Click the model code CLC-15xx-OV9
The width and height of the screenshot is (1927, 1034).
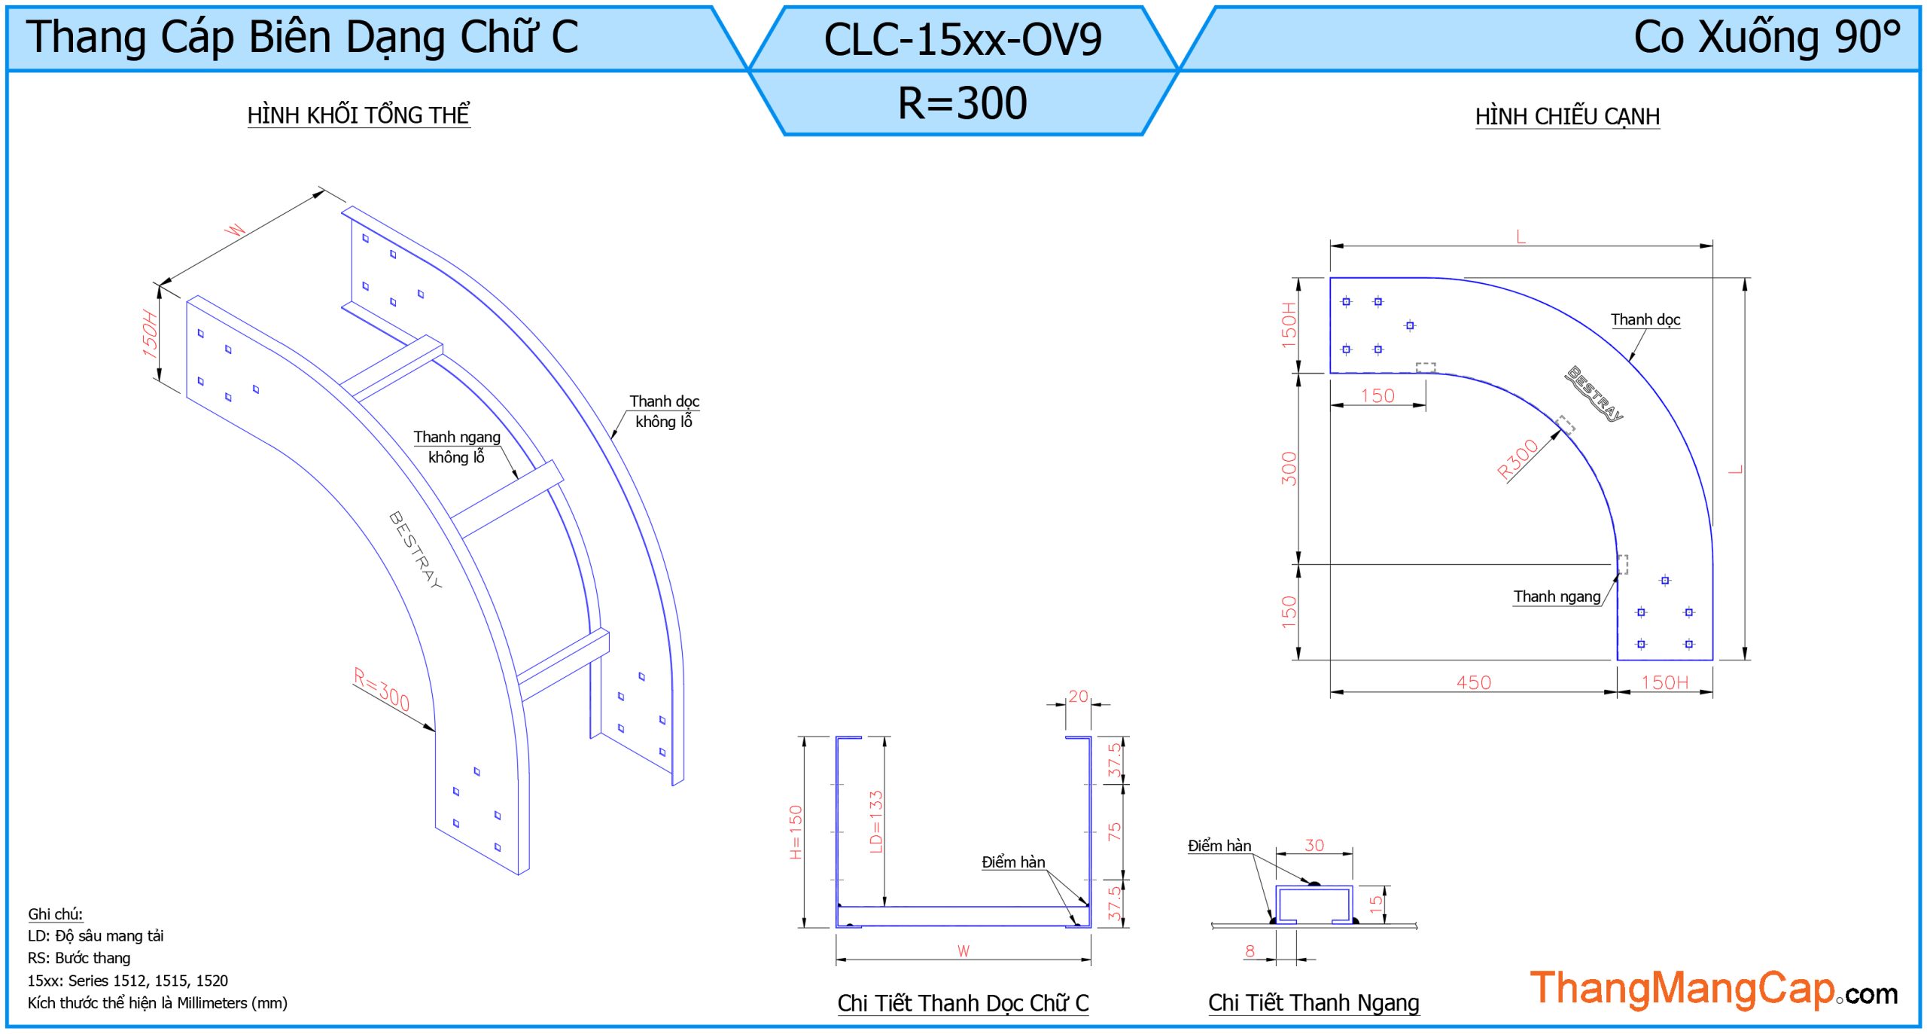tap(962, 39)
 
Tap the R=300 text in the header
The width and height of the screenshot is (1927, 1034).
tap(962, 103)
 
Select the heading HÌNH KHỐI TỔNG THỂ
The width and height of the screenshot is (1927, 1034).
tap(358, 115)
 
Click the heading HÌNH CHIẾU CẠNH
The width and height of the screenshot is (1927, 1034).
tap(1567, 117)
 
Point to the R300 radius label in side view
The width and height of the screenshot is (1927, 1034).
tap(1518, 459)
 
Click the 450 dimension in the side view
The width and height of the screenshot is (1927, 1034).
tap(1473, 682)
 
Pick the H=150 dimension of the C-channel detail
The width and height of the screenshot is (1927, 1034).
tap(796, 832)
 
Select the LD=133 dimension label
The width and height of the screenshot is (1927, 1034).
tap(875, 822)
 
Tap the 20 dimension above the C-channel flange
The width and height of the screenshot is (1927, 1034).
tap(1078, 697)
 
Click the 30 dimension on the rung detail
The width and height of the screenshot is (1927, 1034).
tap(1314, 845)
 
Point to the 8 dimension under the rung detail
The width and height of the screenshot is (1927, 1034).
tap(1250, 951)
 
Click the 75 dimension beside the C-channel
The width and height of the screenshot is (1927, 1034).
tap(1114, 831)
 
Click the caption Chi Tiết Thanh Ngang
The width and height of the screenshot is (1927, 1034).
tap(1314, 1003)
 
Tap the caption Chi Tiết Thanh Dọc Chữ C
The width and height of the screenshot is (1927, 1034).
tap(963, 1003)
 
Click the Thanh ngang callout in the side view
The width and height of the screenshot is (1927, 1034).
tap(1557, 596)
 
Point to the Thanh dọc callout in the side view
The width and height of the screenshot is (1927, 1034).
tap(1645, 319)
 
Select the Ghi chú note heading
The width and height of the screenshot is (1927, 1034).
tap(55, 914)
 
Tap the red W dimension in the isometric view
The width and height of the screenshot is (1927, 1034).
tap(236, 229)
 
